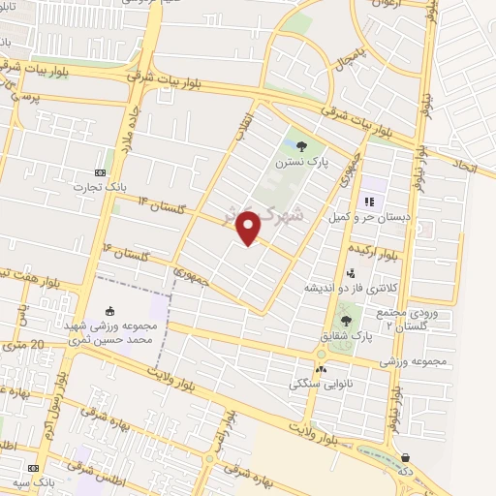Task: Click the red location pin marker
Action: pyautogui.click(x=249, y=227)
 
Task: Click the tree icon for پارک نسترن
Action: pyautogui.click(x=302, y=147)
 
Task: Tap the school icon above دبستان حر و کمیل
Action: pyautogui.click(x=368, y=201)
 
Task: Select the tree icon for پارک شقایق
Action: pyautogui.click(x=346, y=320)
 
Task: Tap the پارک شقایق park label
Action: pyautogui.click(x=347, y=335)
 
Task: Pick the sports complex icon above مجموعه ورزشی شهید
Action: pyautogui.click(x=109, y=311)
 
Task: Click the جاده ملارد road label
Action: pyautogui.click(x=131, y=120)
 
